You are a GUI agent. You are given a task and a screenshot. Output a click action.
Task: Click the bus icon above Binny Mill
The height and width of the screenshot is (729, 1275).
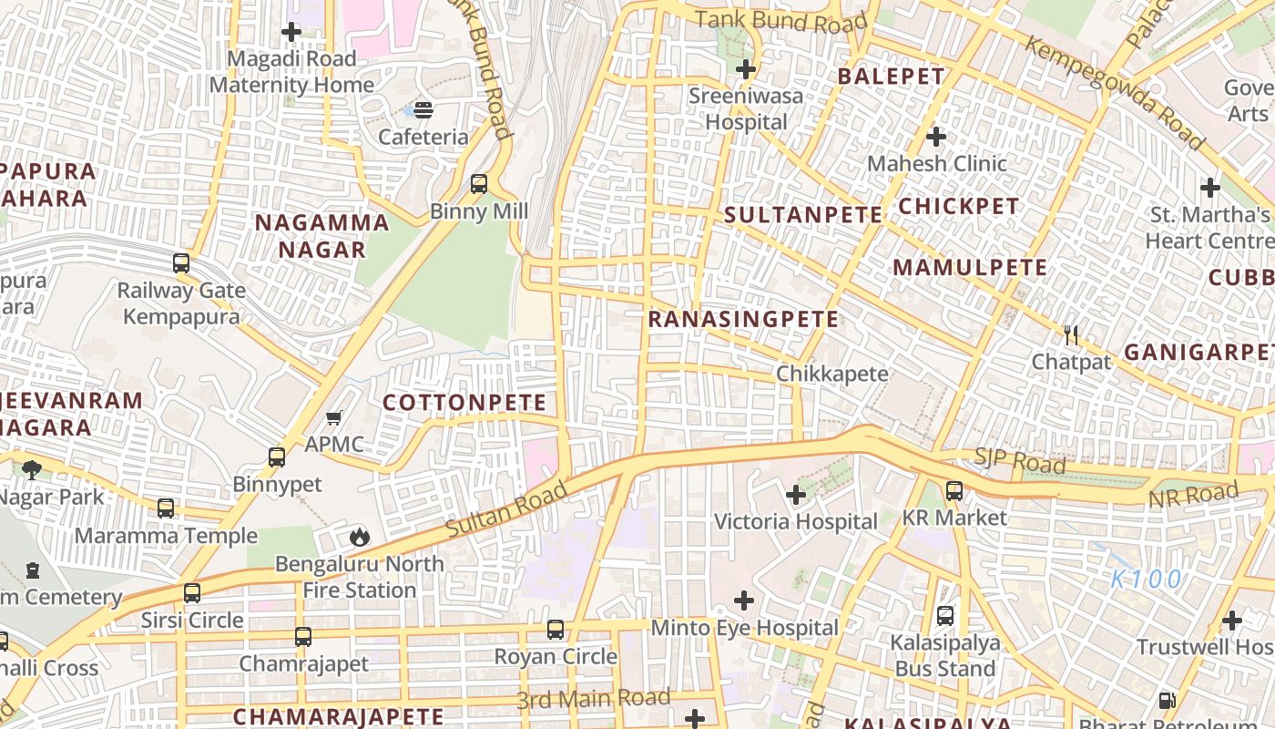tap(479, 184)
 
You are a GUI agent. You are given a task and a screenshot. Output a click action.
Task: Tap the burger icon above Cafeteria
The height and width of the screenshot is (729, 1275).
tap(423, 110)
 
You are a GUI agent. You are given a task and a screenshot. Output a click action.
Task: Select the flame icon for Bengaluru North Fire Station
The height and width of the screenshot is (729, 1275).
tap(360, 536)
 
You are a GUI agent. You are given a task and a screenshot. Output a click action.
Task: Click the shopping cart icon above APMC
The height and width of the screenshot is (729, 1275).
tap(334, 417)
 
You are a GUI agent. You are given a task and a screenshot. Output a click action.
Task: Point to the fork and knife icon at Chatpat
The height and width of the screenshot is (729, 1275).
tap(1071, 335)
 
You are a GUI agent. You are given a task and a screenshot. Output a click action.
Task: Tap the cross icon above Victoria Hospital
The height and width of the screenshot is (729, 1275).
tap(796, 495)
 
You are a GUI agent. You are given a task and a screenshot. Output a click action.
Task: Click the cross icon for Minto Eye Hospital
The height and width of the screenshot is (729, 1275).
tap(744, 601)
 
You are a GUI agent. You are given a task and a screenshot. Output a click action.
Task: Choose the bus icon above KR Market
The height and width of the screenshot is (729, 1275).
tap(954, 491)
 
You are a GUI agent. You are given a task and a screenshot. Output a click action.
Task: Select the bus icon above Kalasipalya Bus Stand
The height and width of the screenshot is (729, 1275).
tap(945, 615)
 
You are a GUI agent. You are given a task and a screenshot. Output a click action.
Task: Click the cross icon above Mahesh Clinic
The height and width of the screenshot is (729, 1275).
tap(936, 137)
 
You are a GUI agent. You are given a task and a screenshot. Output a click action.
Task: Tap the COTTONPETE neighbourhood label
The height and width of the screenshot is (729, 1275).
tap(464, 403)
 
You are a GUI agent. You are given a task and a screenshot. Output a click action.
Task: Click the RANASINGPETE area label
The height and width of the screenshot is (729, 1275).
tap(743, 319)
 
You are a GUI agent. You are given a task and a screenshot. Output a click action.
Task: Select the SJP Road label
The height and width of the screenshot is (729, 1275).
tap(1020, 461)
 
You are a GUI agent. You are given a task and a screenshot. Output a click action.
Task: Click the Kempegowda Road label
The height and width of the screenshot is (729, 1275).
tap(1115, 94)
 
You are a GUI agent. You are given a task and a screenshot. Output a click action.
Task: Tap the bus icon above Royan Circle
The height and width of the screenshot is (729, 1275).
tap(556, 629)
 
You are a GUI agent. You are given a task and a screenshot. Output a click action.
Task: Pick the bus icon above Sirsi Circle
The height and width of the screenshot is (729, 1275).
tap(192, 593)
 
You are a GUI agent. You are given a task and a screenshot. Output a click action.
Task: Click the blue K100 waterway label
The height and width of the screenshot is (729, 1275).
tap(1147, 579)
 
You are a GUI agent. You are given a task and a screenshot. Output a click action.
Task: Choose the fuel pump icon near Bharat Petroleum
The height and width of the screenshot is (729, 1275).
tap(1167, 700)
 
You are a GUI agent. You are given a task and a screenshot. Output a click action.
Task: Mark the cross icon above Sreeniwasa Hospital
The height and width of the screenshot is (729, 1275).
tap(746, 69)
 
